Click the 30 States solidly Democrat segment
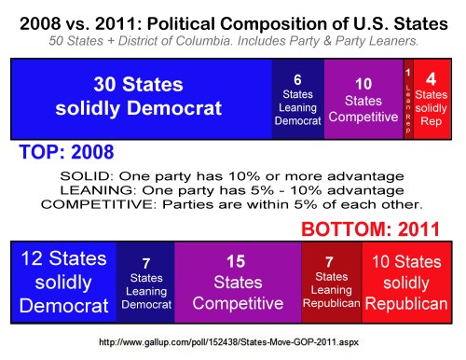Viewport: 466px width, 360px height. pyautogui.click(x=139, y=96)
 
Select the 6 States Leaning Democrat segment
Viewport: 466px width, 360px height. pyautogui.click(x=291, y=96)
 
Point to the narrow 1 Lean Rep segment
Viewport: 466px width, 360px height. pyautogui.click(x=407, y=96)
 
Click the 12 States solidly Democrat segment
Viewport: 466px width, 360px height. pyautogui.click(x=62, y=279)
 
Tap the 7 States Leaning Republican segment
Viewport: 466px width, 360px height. pyautogui.click(x=331, y=279)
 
